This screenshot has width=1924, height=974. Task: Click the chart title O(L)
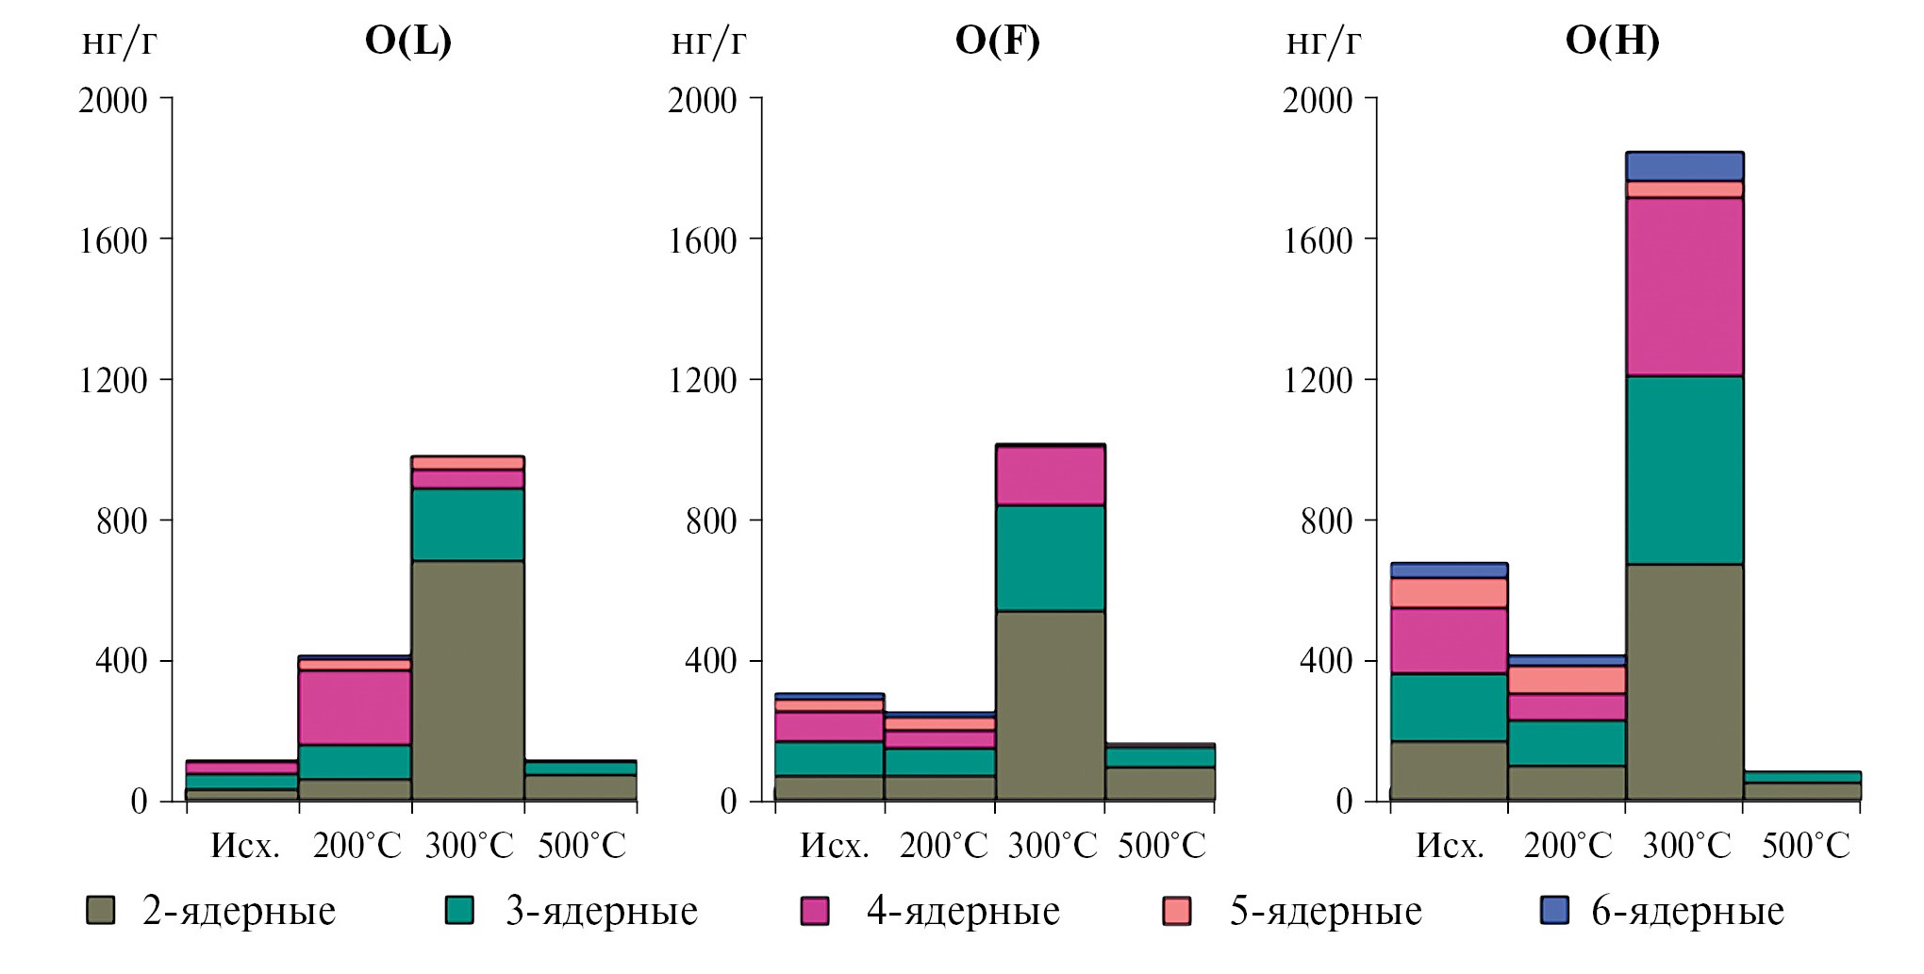pos(407,41)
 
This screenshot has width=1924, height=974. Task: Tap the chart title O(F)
pos(997,41)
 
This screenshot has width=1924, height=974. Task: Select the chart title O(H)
pos(1612,41)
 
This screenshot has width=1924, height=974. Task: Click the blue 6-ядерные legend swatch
pos(1553,910)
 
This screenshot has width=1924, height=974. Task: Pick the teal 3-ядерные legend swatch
pos(459,910)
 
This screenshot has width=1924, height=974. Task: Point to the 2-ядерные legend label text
pos(239,911)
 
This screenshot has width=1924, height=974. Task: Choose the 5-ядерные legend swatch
pos(1176,910)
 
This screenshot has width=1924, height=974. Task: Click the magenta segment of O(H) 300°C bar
pos(1684,287)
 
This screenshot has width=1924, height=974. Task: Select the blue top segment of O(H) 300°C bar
pos(1684,166)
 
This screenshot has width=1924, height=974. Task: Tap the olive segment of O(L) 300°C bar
pos(468,680)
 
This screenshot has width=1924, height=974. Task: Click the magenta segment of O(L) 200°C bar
pos(355,707)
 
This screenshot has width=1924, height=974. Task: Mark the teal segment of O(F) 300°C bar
pos(1050,558)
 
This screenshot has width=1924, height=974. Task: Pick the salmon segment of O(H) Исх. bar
pos(1449,593)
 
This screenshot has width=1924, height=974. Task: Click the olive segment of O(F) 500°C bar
pos(1159,783)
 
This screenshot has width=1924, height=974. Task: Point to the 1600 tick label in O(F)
pos(702,240)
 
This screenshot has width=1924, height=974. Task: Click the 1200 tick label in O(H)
pos(1317,380)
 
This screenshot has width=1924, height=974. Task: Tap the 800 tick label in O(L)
pos(122,520)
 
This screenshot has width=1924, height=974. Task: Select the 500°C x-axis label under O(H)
pos(1805,846)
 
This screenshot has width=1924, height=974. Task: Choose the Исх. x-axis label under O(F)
pos(835,846)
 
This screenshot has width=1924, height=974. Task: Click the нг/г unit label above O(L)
pos(119,42)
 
